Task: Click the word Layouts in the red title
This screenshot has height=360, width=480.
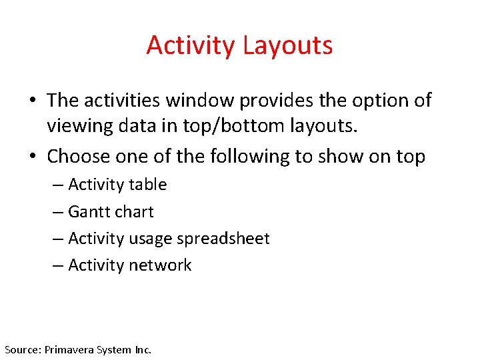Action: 287,45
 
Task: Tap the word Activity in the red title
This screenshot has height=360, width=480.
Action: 191,45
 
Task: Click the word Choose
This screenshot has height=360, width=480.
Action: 79,156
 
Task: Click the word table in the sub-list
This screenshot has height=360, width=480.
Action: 148,185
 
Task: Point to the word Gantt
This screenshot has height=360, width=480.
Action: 91,212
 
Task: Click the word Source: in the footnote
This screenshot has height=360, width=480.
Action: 23,349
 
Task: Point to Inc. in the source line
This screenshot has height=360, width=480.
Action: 143,349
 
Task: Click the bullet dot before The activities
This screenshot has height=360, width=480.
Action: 33,101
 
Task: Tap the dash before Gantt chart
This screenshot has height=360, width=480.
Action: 58,212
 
